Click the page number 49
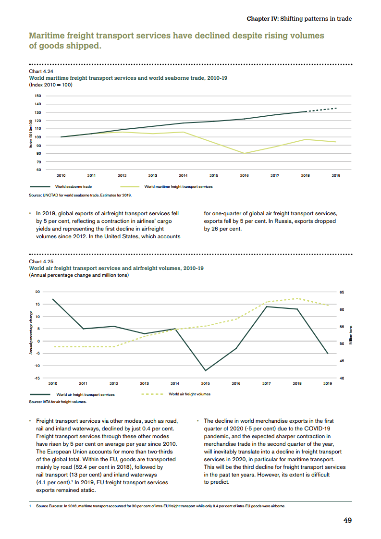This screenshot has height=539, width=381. [x=347, y=520]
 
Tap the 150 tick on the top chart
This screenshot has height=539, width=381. [x=37, y=96]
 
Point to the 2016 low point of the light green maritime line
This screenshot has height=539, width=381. [x=245, y=153]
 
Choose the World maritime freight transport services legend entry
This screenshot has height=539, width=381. [x=182, y=186]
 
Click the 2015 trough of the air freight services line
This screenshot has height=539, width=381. [x=206, y=370]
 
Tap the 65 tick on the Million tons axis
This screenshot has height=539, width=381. [x=342, y=292]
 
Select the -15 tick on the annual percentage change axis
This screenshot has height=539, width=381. [x=37, y=378]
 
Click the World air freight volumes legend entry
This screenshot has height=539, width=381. [x=189, y=394]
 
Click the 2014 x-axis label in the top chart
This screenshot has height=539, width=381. [x=183, y=176]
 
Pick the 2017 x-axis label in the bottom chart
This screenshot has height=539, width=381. [x=266, y=383]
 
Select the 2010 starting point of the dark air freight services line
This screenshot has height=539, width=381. [x=53, y=299]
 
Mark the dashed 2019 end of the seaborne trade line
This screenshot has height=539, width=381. [x=336, y=108]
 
